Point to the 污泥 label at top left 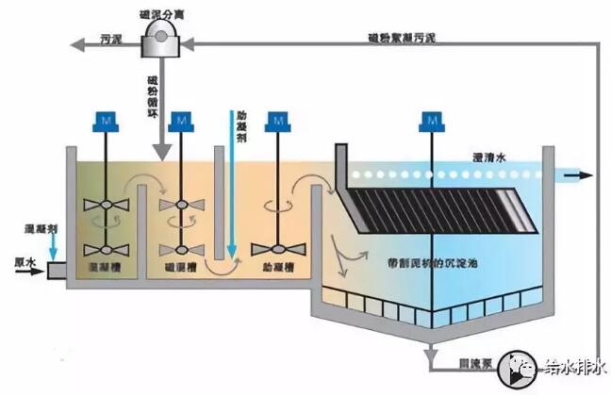111,41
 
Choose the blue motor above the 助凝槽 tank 278,121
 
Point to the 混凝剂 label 41,228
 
